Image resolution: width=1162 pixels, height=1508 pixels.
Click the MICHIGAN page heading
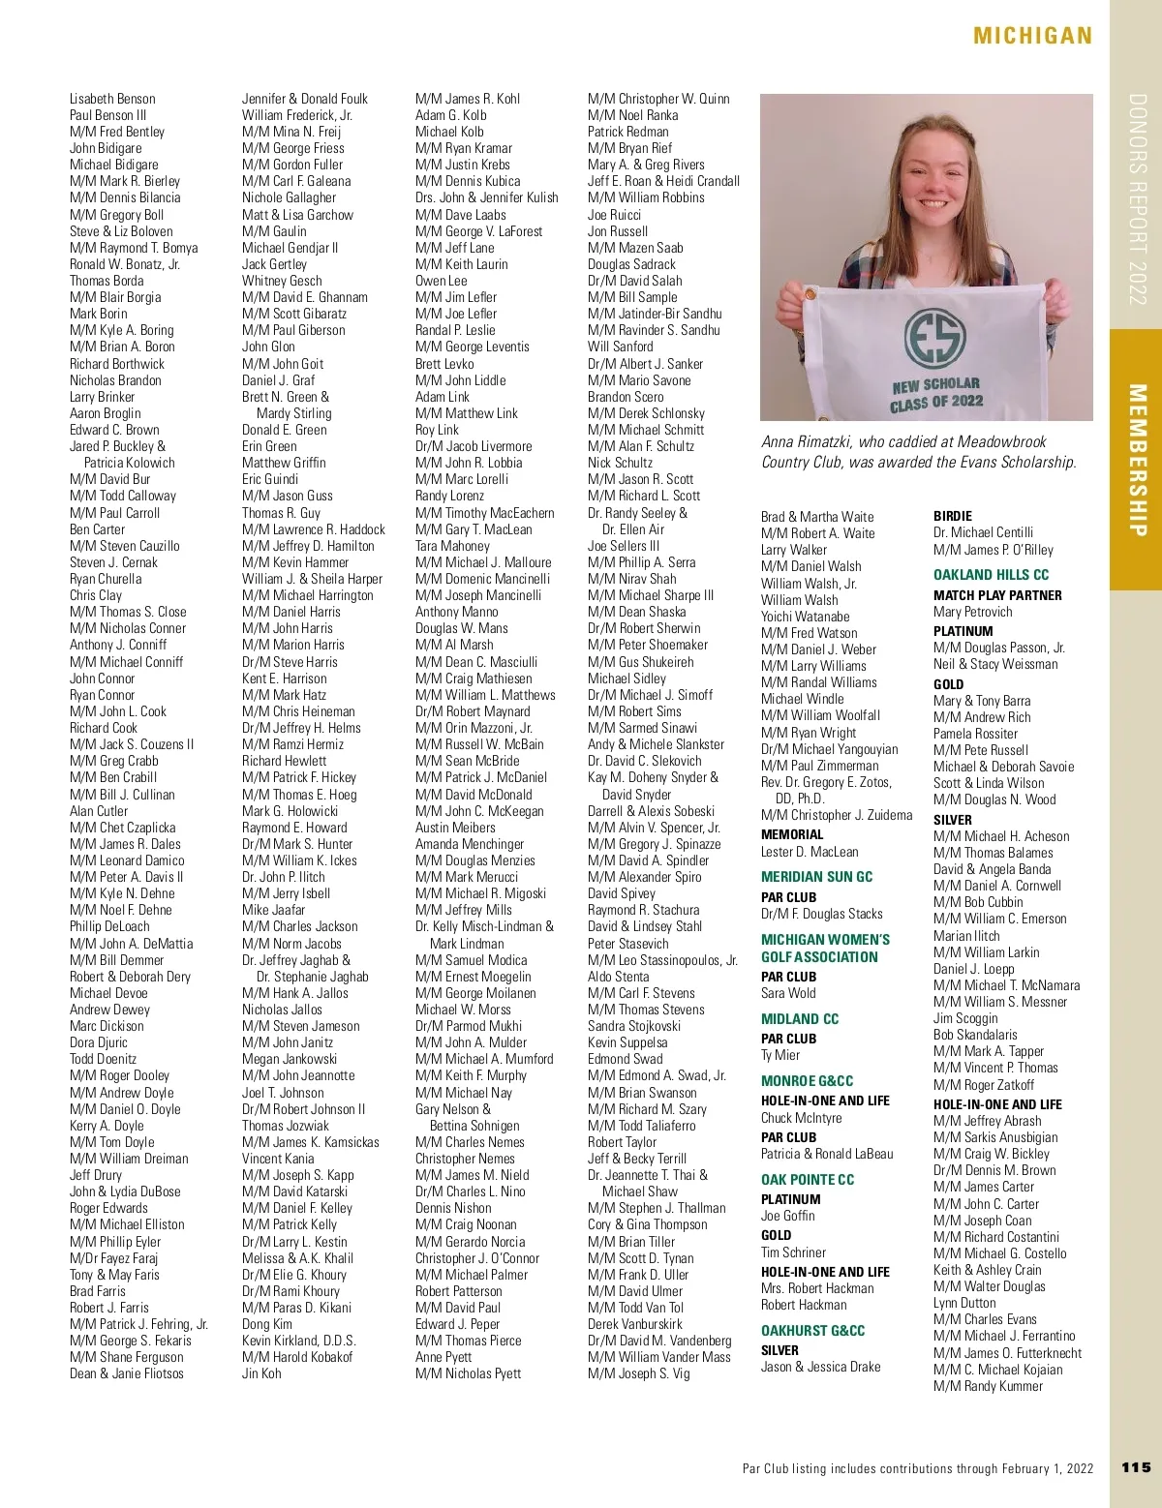pyautogui.click(x=1032, y=37)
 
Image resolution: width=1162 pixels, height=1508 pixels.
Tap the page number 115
pyautogui.click(x=1136, y=1467)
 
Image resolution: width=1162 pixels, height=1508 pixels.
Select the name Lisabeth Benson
pyautogui.click(x=112, y=99)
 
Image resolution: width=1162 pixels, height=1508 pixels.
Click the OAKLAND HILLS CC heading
pyautogui.click(x=991, y=574)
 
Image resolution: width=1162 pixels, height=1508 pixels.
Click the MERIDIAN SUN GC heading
pyautogui.click(x=816, y=877)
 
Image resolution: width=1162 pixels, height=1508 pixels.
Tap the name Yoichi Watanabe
pyautogui.click(x=805, y=617)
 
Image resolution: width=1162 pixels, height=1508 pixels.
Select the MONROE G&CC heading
pyautogui.click(x=807, y=1080)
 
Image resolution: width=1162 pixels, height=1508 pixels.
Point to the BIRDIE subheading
pyautogui.click(x=953, y=516)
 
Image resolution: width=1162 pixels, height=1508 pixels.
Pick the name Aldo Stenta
pyautogui.click(x=619, y=976)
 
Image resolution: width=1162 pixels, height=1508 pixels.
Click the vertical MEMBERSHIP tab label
pyautogui.click(x=1137, y=460)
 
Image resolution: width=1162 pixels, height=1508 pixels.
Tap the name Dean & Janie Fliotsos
pyautogui.click(x=126, y=1373)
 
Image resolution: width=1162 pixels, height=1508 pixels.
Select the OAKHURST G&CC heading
pyautogui.click(x=812, y=1330)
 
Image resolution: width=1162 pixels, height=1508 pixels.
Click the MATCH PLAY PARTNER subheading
pyautogui.click(x=997, y=595)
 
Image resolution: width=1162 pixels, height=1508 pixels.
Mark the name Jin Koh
pyautogui.click(x=261, y=1373)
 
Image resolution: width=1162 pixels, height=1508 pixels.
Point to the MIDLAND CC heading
pyautogui.click(x=800, y=1018)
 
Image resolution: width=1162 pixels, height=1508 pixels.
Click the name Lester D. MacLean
pyautogui.click(x=810, y=852)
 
